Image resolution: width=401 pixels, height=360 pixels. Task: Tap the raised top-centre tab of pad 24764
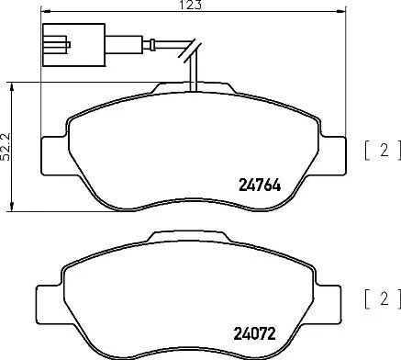(194, 87)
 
